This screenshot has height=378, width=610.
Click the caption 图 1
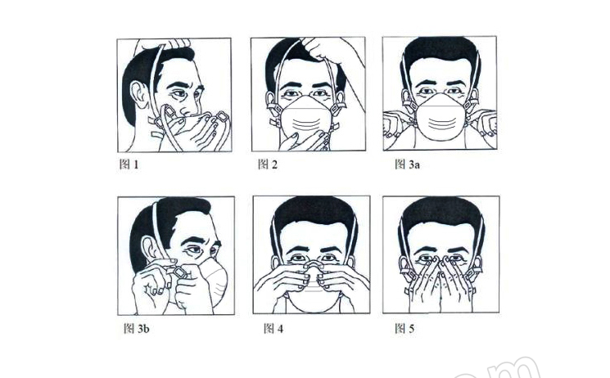pyautogui.click(x=129, y=164)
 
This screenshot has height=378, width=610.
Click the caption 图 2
pyautogui.click(x=268, y=164)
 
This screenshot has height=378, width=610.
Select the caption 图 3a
pyautogui.click(x=407, y=164)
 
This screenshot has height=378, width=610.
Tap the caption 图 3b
pyautogui.click(x=136, y=329)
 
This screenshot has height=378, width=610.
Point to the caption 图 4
pyautogui.click(x=273, y=329)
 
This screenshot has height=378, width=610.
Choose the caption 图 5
pyautogui.click(x=404, y=329)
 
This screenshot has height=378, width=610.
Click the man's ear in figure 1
pyautogui.click(x=139, y=95)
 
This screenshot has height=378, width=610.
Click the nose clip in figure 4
pyautogui.click(x=314, y=265)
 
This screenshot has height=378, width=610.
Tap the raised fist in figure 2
pyautogui.click(x=319, y=47)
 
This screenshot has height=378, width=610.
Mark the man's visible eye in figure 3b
pyautogui.click(x=194, y=250)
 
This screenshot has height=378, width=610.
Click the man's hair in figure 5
pyautogui.click(x=441, y=214)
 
